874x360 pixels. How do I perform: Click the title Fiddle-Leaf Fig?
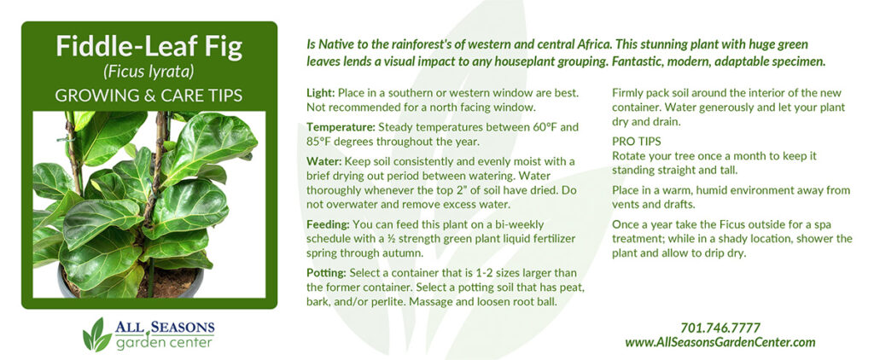point(149,48)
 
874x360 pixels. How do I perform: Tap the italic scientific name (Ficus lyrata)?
point(149,73)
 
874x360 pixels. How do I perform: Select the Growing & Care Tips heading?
point(149,96)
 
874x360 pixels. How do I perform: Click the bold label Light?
point(321,92)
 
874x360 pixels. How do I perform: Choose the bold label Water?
point(323,161)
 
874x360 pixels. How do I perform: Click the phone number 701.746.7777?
point(720,328)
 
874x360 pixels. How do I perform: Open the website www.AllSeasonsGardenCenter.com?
point(720,342)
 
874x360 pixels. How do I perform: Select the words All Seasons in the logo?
point(165,327)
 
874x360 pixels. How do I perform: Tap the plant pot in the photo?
point(131,282)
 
